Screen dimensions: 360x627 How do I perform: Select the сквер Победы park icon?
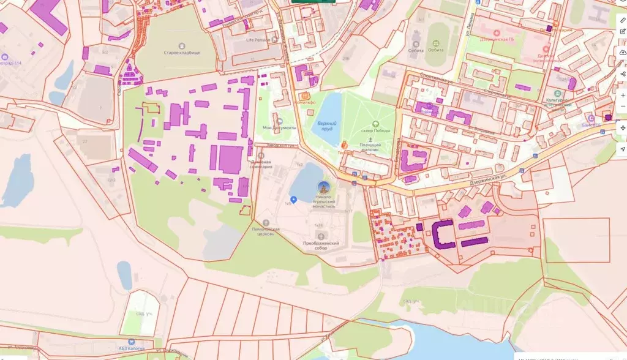point(376,123)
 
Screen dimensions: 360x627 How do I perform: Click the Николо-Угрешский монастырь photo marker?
point(323,187)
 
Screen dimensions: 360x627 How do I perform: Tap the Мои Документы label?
point(279,127)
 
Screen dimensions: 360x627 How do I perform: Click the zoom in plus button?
point(623,95)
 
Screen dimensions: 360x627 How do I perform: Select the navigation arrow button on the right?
point(623,149)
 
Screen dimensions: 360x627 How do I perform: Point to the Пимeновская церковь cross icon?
point(265,222)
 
